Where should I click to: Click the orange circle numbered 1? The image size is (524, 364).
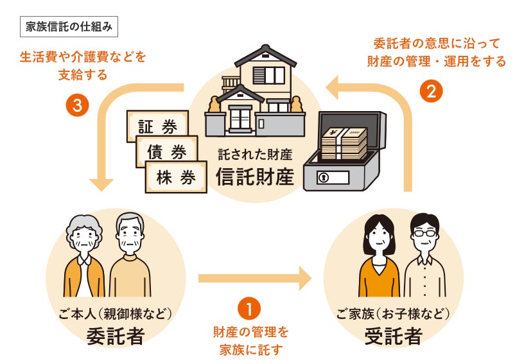(249, 308)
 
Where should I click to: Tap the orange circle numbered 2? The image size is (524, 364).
(431, 91)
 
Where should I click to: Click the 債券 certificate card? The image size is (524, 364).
(166, 152)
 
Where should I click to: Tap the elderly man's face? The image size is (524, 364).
(130, 239)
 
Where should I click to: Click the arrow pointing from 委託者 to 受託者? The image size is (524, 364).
(254, 279)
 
